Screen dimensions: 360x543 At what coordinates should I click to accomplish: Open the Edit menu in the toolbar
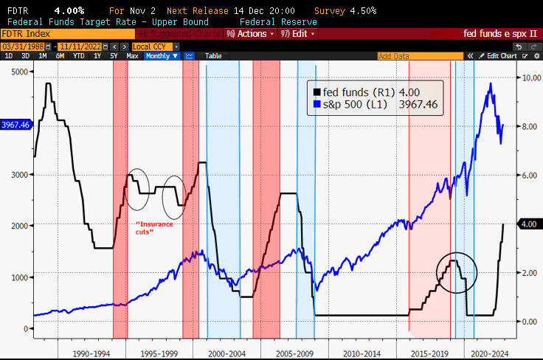[298, 34]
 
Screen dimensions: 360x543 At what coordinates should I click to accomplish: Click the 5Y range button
[113, 56]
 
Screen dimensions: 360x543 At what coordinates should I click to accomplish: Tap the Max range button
[132, 56]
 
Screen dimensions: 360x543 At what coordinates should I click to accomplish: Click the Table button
[212, 56]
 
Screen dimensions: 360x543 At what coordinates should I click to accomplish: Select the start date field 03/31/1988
[22, 46]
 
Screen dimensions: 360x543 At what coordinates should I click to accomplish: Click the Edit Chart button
[502, 56]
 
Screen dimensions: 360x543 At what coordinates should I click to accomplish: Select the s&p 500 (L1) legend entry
[374, 105]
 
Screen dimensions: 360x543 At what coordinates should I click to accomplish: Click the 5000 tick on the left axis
[18, 72]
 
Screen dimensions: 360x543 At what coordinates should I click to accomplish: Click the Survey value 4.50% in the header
[362, 11]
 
